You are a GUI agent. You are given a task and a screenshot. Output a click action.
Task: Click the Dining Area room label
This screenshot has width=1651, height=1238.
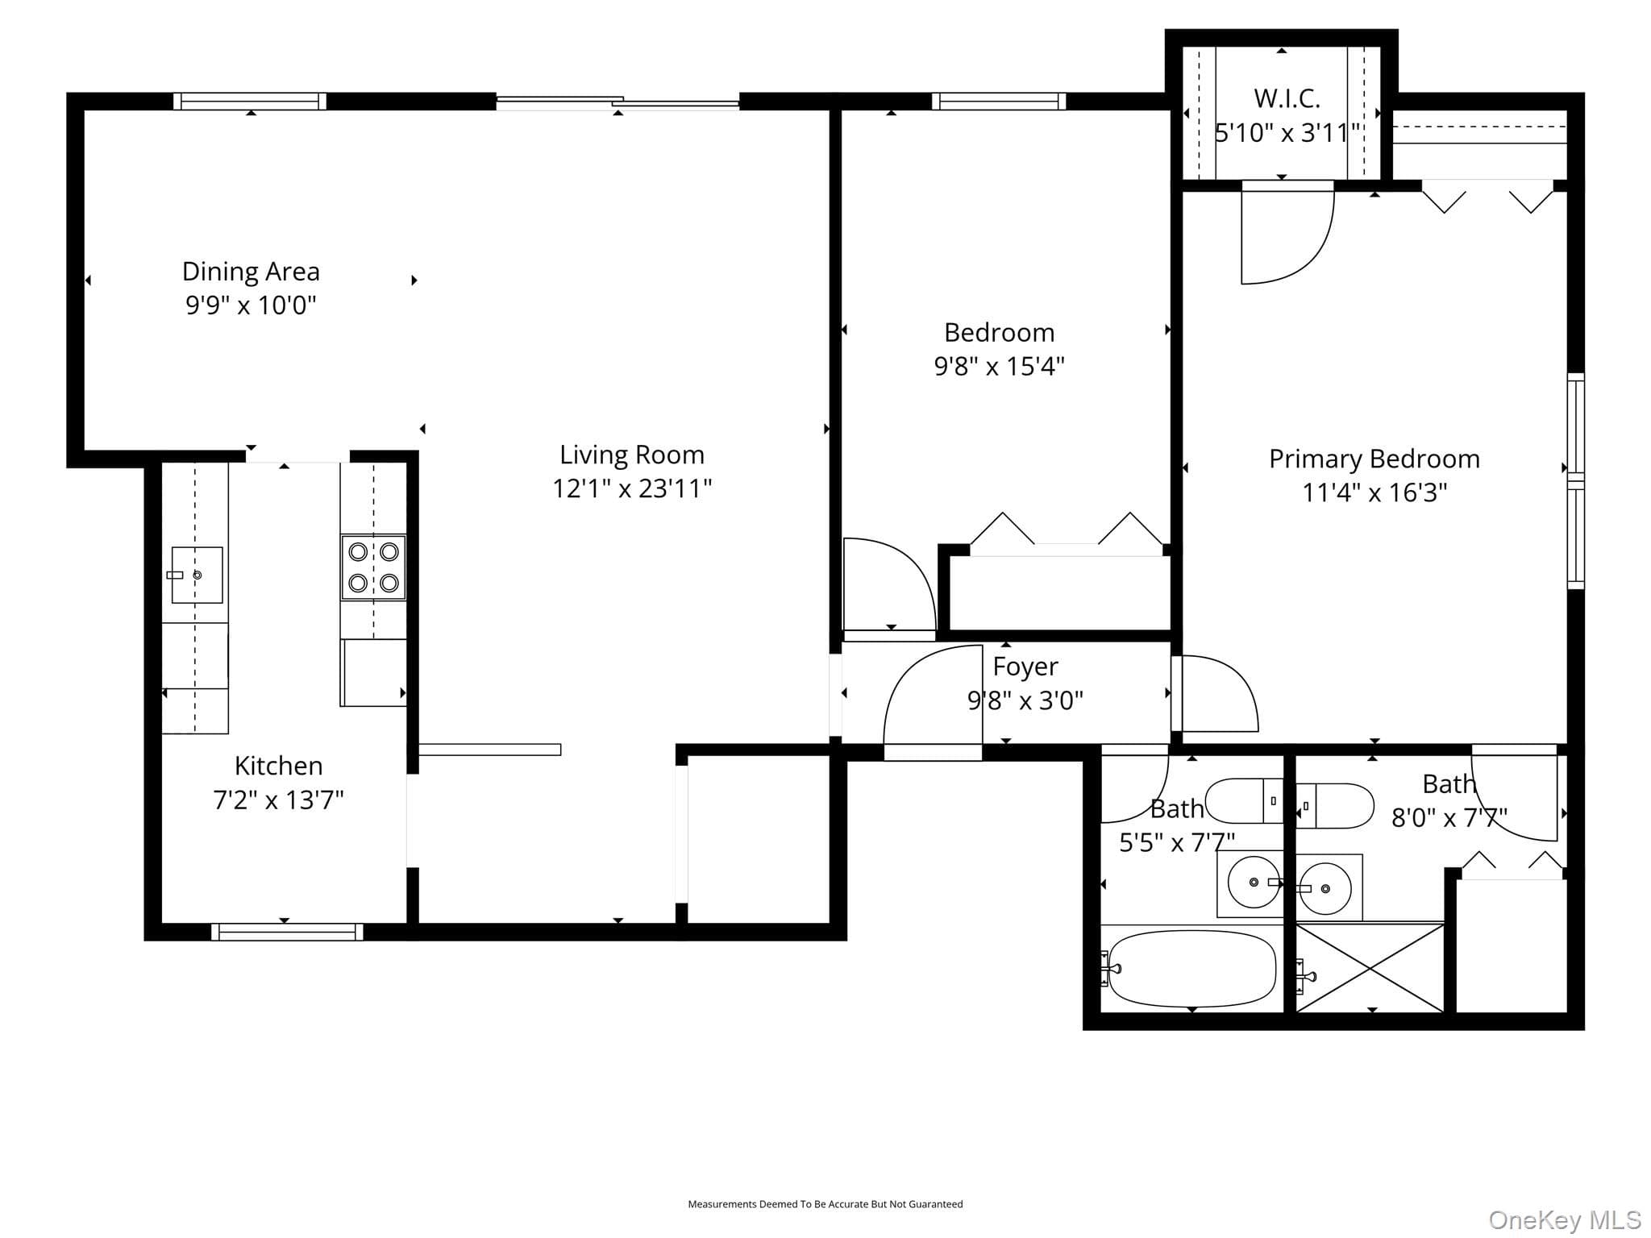pyautogui.click(x=251, y=272)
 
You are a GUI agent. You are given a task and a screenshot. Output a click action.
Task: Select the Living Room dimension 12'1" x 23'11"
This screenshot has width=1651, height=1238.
pyautogui.click(x=632, y=488)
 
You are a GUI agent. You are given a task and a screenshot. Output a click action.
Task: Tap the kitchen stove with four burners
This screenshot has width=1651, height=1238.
pyautogui.click(x=373, y=567)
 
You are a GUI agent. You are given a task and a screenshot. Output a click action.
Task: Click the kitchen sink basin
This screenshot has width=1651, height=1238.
pyautogui.click(x=197, y=575)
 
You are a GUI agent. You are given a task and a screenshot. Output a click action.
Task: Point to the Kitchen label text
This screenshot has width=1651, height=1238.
pyautogui.click(x=278, y=765)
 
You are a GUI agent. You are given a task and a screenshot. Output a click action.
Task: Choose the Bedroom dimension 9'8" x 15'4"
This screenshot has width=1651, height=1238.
pyautogui.click(x=999, y=367)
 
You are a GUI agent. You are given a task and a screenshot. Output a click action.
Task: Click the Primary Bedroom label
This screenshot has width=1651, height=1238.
pyautogui.click(x=1374, y=459)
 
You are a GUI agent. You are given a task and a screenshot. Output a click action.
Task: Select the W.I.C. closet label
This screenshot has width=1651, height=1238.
pyautogui.click(x=1287, y=98)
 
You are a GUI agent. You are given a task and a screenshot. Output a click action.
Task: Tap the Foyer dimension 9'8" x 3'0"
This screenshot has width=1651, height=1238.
pyautogui.click(x=1025, y=700)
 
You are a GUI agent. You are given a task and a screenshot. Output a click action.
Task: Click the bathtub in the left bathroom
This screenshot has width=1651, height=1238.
pyautogui.click(x=1192, y=969)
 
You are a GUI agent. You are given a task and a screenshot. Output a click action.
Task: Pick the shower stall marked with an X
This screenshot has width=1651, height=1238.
pyautogui.click(x=1370, y=968)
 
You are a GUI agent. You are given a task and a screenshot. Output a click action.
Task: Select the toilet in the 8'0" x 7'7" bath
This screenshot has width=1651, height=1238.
pyautogui.click(x=1334, y=805)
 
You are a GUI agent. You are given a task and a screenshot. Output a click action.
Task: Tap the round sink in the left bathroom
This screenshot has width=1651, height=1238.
pyautogui.click(x=1254, y=883)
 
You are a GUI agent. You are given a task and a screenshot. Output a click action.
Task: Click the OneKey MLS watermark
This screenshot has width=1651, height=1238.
pyautogui.click(x=1565, y=1220)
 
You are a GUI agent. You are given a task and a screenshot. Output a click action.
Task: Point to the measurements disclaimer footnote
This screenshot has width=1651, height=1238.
pyautogui.click(x=825, y=1204)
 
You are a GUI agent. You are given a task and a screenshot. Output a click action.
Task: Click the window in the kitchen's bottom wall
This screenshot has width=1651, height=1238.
pyautogui.click(x=287, y=932)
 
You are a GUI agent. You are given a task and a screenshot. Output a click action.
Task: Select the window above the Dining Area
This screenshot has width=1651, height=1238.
pyautogui.click(x=250, y=102)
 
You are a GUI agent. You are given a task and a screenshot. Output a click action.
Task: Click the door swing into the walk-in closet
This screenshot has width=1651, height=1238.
pyautogui.click(x=1287, y=234)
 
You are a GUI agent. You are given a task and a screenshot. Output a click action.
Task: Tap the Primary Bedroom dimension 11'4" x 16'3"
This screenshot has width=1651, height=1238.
pyautogui.click(x=1374, y=492)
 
